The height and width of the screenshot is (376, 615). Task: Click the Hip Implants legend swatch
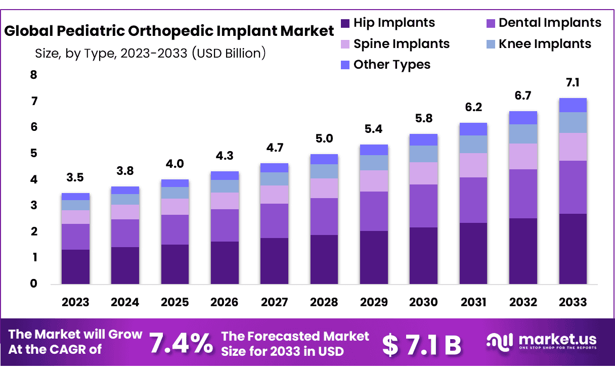point(345,23)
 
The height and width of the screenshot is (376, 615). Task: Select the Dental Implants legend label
point(550,23)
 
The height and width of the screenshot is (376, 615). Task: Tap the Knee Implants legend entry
point(545,44)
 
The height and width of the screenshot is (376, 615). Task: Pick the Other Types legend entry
point(392,65)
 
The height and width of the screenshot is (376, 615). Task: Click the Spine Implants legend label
point(402,44)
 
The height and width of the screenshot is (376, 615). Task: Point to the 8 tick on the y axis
point(34,75)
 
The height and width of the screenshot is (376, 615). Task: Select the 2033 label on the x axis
point(573,302)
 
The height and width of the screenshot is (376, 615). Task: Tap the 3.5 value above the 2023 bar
point(75,178)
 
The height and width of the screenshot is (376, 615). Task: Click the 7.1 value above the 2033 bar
point(573,83)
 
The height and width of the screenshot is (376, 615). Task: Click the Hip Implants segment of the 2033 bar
point(573,249)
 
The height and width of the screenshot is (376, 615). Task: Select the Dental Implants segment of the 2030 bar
point(423,206)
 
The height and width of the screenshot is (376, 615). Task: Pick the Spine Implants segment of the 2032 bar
point(523,156)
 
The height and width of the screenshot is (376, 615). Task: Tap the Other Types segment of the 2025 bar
point(174,183)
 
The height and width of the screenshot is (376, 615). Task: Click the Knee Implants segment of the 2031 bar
point(473,144)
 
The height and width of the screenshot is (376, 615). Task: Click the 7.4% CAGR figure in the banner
point(181,344)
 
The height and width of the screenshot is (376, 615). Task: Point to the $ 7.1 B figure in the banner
point(421,345)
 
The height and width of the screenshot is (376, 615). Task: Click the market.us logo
point(541,341)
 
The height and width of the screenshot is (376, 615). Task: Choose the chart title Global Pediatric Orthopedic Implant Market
point(169,31)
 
